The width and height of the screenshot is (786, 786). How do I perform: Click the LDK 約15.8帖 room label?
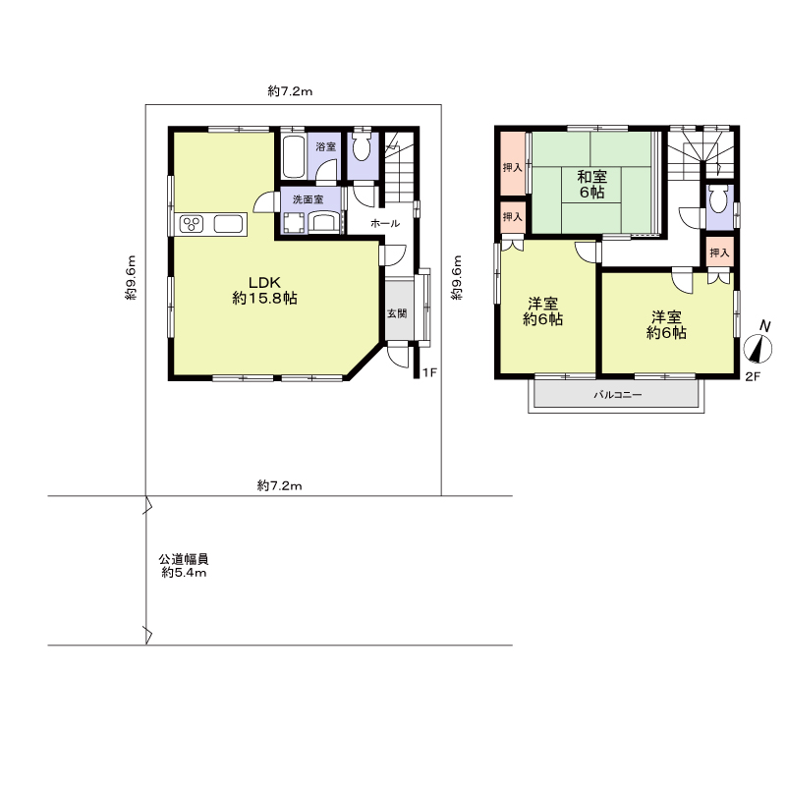(x=264, y=290)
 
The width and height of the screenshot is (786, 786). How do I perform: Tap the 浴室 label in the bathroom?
(x=326, y=146)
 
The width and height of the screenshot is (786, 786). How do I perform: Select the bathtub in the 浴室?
(x=293, y=156)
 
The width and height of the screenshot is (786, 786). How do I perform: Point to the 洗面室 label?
(x=308, y=199)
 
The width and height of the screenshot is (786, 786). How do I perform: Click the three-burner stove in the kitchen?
(x=192, y=224)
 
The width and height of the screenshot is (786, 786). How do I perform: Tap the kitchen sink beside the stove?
(x=229, y=224)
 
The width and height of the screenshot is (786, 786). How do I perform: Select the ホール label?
(x=385, y=224)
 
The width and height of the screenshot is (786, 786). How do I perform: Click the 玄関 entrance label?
(x=397, y=313)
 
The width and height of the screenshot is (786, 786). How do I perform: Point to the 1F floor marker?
(x=430, y=372)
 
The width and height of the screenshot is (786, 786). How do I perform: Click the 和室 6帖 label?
(x=592, y=185)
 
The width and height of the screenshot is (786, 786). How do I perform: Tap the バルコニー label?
(x=618, y=395)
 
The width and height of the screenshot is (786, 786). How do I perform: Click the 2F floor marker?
(x=753, y=376)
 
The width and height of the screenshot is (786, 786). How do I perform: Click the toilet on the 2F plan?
(x=718, y=199)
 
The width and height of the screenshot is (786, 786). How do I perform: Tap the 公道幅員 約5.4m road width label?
(x=184, y=566)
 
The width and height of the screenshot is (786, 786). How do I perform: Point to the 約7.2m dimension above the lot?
(x=290, y=91)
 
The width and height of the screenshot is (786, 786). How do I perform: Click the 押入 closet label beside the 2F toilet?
(x=719, y=253)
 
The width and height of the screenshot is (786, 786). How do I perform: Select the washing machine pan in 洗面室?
(x=294, y=223)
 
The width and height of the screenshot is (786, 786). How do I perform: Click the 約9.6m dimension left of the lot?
(x=131, y=278)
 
